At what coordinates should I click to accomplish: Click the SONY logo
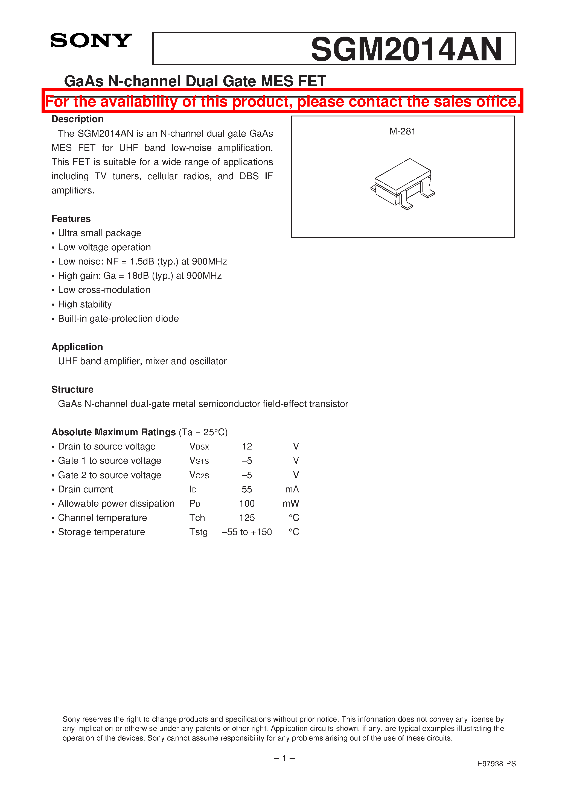[91, 40]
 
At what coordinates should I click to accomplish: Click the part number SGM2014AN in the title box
[406, 49]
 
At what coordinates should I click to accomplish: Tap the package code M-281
[402, 131]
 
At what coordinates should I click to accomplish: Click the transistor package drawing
[402, 184]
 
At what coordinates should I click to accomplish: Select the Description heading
[77, 119]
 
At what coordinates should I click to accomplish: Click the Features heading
[71, 219]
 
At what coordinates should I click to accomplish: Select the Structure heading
[72, 389]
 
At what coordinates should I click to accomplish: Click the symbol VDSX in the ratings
[199, 446]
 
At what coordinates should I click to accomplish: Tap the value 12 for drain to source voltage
[247, 446]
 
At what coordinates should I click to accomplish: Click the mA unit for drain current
[292, 489]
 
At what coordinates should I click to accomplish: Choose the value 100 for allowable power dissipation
[247, 504]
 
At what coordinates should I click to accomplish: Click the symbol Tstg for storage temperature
[198, 532]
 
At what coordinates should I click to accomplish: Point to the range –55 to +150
[247, 532]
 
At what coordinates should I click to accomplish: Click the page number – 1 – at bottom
[284, 758]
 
